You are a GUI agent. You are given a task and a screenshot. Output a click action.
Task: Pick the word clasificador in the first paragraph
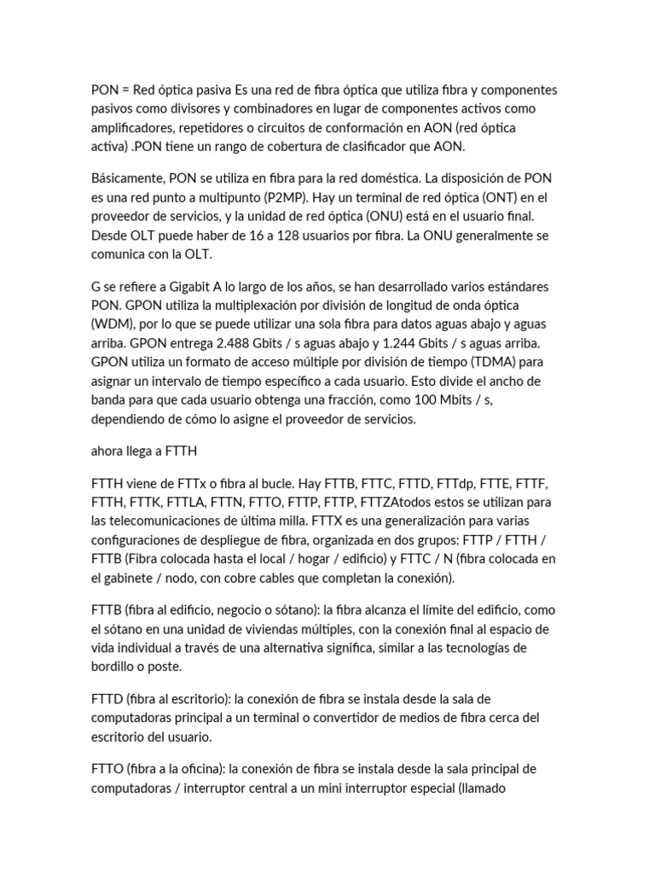coord(379,147)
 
